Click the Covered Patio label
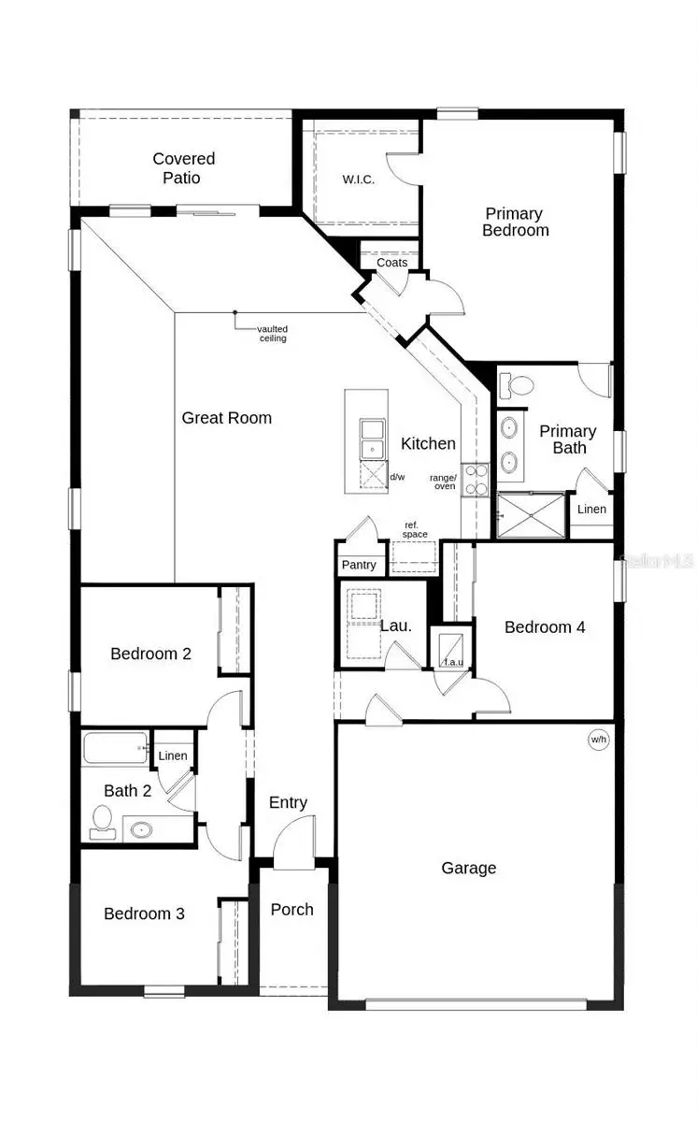pyautogui.click(x=184, y=168)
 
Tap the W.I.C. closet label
pyautogui.click(x=358, y=180)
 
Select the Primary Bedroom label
pyautogui.click(x=515, y=222)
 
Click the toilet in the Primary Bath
pyautogui.click(x=516, y=384)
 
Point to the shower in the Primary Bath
pyautogui.click(x=531, y=515)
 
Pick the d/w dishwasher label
pyautogui.click(x=397, y=478)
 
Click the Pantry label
pyautogui.click(x=359, y=565)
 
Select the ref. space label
pyautogui.click(x=416, y=529)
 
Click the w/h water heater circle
pyautogui.click(x=598, y=740)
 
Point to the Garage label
pyautogui.click(x=468, y=868)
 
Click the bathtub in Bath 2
pyautogui.click(x=116, y=749)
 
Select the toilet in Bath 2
pyautogui.click(x=102, y=820)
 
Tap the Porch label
pyautogui.click(x=292, y=909)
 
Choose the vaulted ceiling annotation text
pyautogui.click(x=273, y=333)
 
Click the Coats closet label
pyautogui.click(x=391, y=263)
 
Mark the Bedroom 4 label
pyautogui.click(x=545, y=626)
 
